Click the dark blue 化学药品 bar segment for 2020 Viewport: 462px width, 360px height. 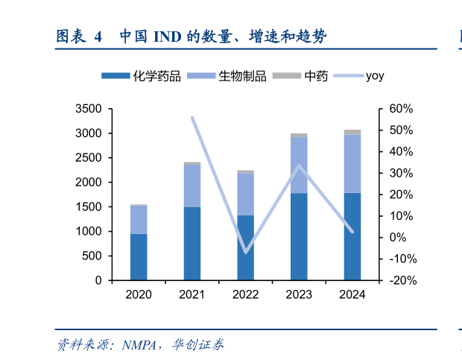pyautogui.click(x=139, y=257)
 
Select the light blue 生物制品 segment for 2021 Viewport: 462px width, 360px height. pyautogui.click(x=192, y=186)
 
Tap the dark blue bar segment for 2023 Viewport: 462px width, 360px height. pyautogui.click(x=299, y=236)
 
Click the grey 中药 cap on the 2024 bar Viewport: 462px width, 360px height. pyautogui.click(x=352, y=132)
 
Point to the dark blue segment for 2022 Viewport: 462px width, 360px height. pyautogui.click(x=245, y=247)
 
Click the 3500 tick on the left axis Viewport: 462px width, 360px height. pyautogui.click(x=89, y=109)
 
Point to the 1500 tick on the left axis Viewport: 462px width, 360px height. pyautogui.click(x=89, y=207)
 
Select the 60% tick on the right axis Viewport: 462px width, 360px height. pyautogui.click(x=400, y=109)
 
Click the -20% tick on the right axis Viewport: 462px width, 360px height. pyautogui.click(x=400, y=281)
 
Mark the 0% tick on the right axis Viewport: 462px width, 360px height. pyautogui.click(x=397, y=238)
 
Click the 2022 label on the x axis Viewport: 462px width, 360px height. pyautogui.click(x=245, y=294)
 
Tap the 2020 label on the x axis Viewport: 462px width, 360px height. pyautogui.click(x=139, y=294)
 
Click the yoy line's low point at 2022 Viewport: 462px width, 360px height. pyautogui.click(x=245, y=252)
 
